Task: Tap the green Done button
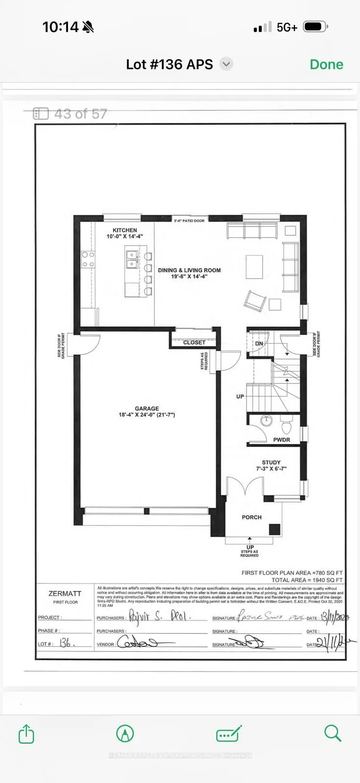pyautogui.click(x=326, y=65)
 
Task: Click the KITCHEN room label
pyautogui.click(x=125, y=230)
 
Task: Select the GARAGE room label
pyautogui.click(x=147, y=409)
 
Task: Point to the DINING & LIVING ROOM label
pyautogui.click(x=189, y=270)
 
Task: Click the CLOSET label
pyautogui.click(x=194, y=343)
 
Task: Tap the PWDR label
pyautogui.click(x=281, y=440)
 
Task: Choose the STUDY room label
pyautogui.click(x=271, y=462)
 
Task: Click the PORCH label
pyautogui.click(x=251, y=517)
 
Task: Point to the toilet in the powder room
pyautogui.click(x=287, y=426)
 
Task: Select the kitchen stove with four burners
pyautogui.click(x=88, y=259)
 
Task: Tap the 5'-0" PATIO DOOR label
pyautogui.click(x=189, y=221)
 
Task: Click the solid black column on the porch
pyautogui.click(x=274, y=529)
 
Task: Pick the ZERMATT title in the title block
pyautogui.click(x=65, y=593)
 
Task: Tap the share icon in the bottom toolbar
pyautogui.click(x=26, y=734)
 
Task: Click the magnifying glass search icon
pyautogui.click(x=333, y=733)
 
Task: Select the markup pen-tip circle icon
pyautogui.click(x=125, y=734)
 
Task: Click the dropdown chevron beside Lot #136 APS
pyautogui.click(x=226, y=64)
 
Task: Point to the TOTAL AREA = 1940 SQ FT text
pyautogui.click(x=307, y=580)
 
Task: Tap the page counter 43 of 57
pyautogui.click(x=70, y=114)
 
